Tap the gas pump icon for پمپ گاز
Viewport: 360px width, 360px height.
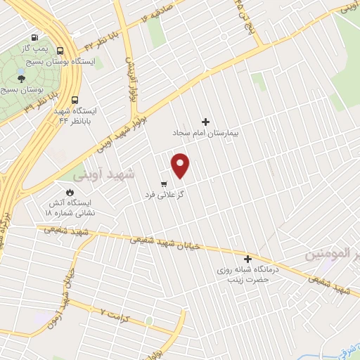pos(34,38)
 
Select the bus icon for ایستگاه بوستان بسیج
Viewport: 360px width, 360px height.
pos(60,51)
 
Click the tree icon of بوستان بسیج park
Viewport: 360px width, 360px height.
pos(21,79)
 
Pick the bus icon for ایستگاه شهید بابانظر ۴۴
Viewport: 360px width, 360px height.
pos(75,99)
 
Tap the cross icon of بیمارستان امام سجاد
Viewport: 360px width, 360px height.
pos(205,122)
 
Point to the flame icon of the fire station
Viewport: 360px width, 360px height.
pos(70,192)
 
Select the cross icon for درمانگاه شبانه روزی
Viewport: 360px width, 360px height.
pos(247,258)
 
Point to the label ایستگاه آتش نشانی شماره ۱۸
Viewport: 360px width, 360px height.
pos(70,207)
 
